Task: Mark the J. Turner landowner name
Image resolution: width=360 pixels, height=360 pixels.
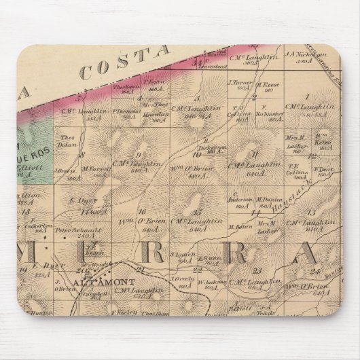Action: coord(240,84)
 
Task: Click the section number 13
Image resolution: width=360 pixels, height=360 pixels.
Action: coord(312,213)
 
